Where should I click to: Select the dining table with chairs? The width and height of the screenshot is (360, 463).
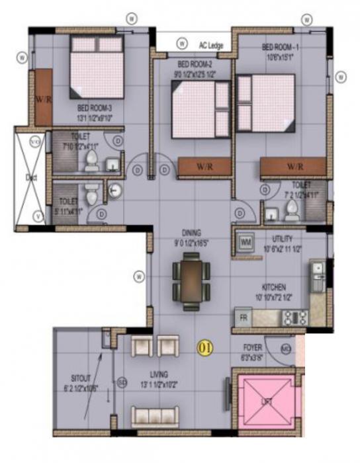(x=191, y=281)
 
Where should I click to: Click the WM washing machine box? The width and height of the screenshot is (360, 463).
(x=246, y=242)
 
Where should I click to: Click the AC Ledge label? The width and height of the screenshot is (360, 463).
(x=211, y=44)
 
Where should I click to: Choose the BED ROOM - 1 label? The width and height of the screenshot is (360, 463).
(x=281, y=47)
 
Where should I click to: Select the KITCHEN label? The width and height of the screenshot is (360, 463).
(x=273, y=287)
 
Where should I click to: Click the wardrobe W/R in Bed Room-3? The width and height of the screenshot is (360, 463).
(x=44, y=97)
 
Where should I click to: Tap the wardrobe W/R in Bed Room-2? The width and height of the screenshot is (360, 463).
(x=204, y=166)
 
